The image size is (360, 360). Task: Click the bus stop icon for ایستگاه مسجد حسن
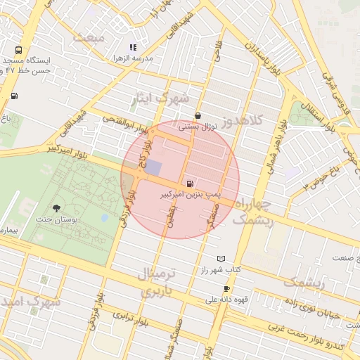18,51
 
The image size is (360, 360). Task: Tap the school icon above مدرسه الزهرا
133,47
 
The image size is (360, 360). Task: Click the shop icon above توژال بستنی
198,116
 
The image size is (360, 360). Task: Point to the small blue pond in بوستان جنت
105,218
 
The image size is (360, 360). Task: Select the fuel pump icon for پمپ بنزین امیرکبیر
193,184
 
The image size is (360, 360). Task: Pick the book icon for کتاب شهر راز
222,259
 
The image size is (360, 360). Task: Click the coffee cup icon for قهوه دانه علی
226,289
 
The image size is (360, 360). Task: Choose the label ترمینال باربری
161,282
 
